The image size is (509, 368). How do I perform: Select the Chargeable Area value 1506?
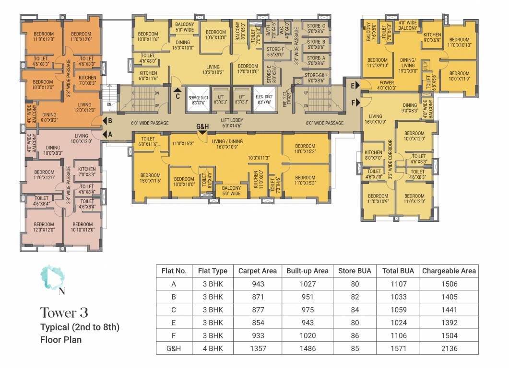pyautogui.click(x=449, y=284)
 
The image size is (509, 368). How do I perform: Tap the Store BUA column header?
pyautogui.click(x=355, y=271)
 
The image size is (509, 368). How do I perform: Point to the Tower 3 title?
pyautogui.click(x=64, y=313)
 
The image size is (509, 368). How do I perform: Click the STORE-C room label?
pyautogui.click(x=316, y=28)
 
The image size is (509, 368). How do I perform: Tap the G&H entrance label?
pyautogui.click(x=203, y=127)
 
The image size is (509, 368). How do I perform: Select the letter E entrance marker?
pyautogui.click(x=353, y=86)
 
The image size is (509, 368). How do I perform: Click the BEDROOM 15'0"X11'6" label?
pyautogui.click(x=150, y=178)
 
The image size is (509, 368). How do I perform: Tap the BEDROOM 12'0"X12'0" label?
pyautogui.click(x=44, y=227)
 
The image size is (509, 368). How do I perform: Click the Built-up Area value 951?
pyautogui.click(x=307, y=297)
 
